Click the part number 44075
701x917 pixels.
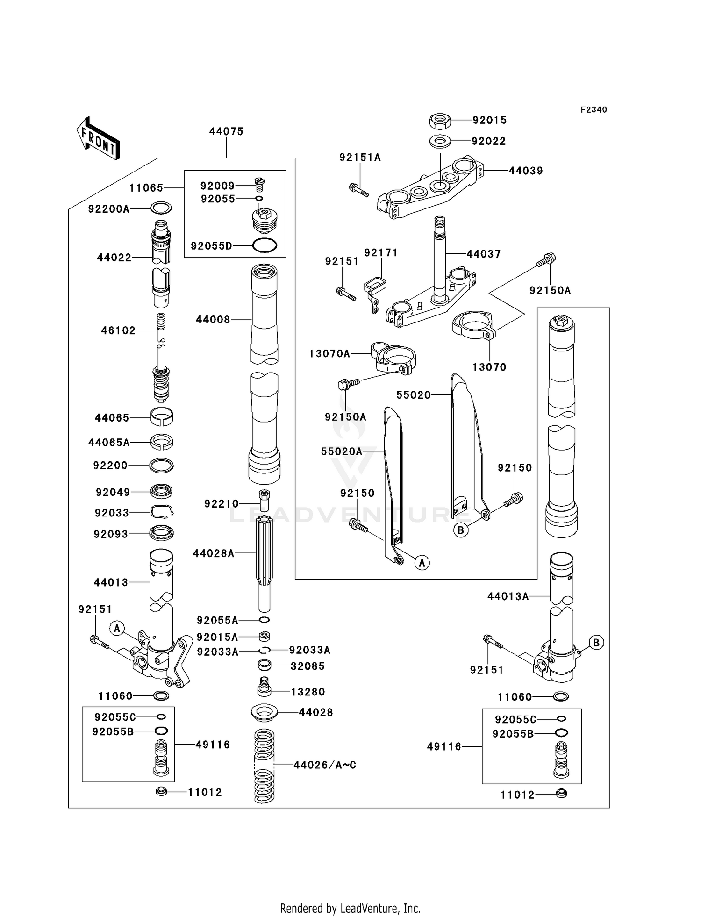pos(226,132)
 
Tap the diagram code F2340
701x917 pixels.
pos(594,110)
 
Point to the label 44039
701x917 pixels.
pos(525,171)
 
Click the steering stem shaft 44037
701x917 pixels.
pos(439,257)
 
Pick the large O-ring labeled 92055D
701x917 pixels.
pos(265,245)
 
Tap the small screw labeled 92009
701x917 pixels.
pos(259,185)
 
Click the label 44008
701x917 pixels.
pos(213,320)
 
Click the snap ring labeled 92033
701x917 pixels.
pos(162,512)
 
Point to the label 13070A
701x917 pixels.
pos(329,354)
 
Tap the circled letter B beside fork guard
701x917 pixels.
pos(461,530)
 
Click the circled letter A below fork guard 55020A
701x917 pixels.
pos(422,563)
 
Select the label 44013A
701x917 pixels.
pos(508,596)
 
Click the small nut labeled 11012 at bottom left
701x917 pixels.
pos(161,792)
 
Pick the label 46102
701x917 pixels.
pos(118,331)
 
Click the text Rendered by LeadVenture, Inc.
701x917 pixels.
pos(350,908)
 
